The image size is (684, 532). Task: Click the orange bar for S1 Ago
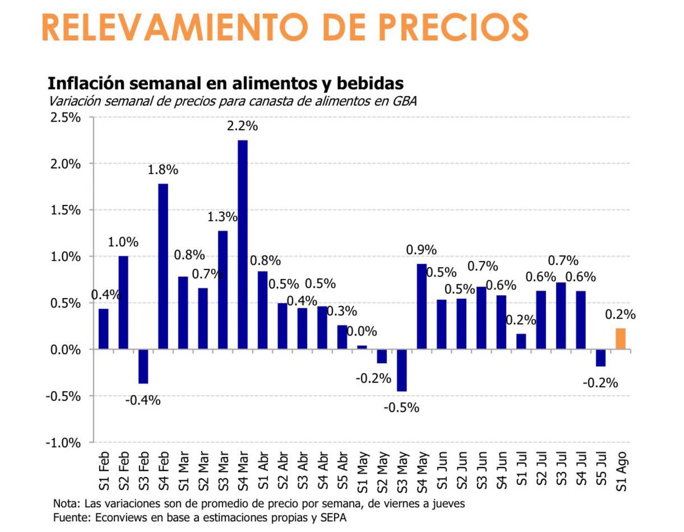620,338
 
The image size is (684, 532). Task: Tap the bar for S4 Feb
162,266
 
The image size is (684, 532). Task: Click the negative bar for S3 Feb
143,366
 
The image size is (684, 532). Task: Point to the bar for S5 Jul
601,357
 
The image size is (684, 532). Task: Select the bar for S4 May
422,306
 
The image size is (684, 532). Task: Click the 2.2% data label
242,126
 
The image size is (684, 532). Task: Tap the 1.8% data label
163,170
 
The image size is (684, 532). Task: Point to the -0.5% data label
401,408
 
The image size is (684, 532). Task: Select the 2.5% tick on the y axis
66,118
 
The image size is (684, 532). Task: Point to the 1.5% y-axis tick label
66,210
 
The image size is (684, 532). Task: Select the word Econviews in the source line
115,518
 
